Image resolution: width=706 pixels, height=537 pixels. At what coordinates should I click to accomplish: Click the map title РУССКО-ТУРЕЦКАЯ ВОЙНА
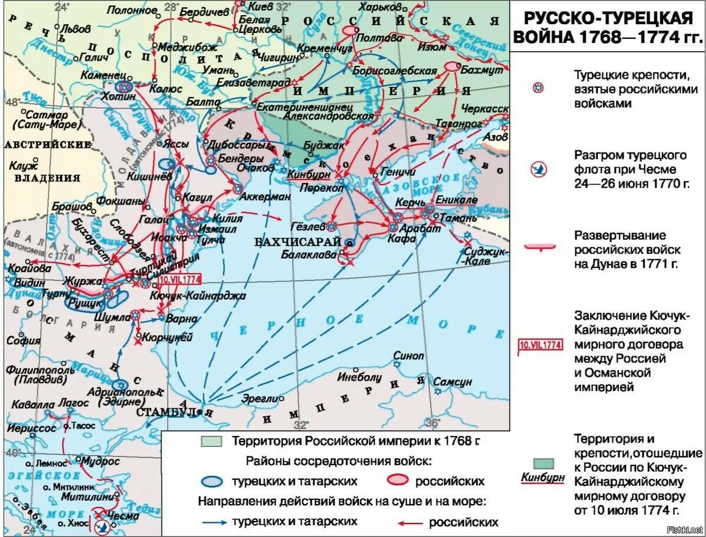tap(607, 26)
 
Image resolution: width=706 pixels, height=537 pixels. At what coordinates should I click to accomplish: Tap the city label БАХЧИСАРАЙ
tap(298, 241)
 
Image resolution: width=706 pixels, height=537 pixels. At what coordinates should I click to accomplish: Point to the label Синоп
tap(408, 356)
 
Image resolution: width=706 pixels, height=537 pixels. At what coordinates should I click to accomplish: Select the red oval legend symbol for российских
tap(399, 481)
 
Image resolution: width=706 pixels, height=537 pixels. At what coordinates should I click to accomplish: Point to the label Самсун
tap(453, 382)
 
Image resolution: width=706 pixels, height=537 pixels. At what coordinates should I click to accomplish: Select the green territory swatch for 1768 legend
tap(211, 441)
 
